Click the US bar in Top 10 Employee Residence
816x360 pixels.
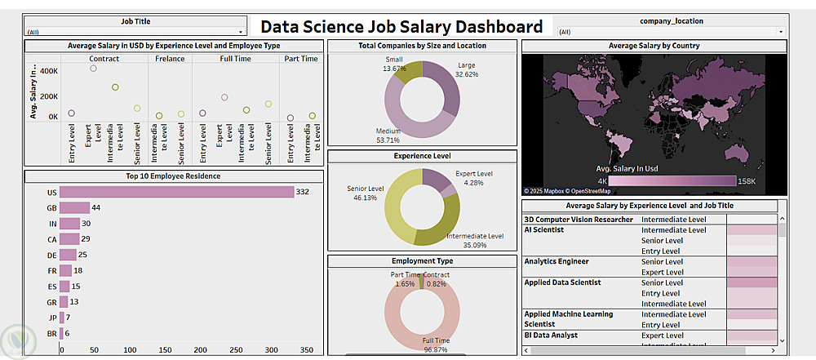(x=176, y=192)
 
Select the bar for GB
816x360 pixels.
(x=74, y=207)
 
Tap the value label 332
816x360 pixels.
(x=302, y=192)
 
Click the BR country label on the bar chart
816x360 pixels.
(x=51, y=333)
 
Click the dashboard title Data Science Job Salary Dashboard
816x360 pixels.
(x=401, y=27)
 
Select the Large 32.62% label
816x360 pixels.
(x=467, y=69)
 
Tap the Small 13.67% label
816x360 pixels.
(x=394, y=64)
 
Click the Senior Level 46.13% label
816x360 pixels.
(x=365, y=193)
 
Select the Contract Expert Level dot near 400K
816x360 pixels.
(x=93, y=69)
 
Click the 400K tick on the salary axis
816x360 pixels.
(x=48, y=72)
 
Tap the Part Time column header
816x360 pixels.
(x=301, y=59)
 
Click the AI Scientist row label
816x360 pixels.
(x=543, y=230)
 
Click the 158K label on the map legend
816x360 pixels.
(x=747, y=180)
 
